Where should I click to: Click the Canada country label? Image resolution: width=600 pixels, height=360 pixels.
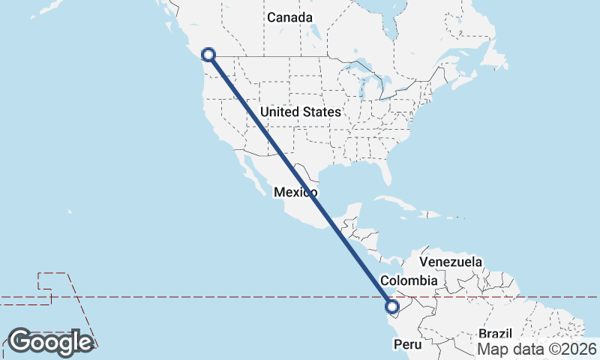coord(289,16)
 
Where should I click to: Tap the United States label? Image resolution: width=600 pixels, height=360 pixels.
coord(300,112)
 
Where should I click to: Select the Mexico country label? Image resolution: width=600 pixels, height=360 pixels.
coord(295,193)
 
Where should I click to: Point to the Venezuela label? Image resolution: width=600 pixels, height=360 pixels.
coord(451,262)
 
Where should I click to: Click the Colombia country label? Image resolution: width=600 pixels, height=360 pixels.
coord(409,280)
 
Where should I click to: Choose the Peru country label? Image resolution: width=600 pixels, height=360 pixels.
coord(409,345)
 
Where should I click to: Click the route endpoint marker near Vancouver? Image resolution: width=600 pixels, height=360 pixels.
coord(209,55)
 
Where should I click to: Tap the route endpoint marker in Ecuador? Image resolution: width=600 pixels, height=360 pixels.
coord(391,306)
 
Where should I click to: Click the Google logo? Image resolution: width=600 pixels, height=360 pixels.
coord(50,342)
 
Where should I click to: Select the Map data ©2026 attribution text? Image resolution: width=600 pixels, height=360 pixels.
coord(537,349)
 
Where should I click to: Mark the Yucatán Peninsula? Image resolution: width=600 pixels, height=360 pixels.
coord(345,208)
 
